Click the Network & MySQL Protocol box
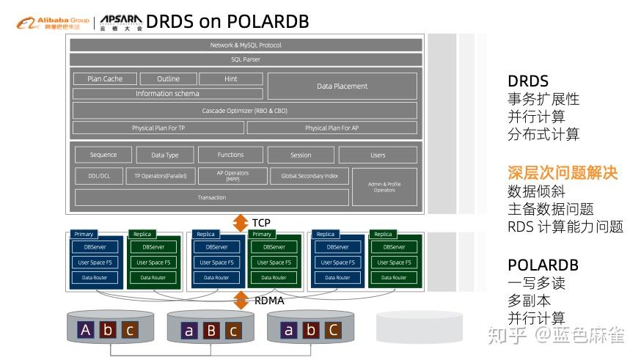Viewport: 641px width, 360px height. click(x=246, y=45)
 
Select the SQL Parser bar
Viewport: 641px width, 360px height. click(x=246, y=59)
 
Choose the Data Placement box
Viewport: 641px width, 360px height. click(x=342, y=86)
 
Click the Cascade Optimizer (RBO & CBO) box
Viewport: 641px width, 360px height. click(x=245, y=111)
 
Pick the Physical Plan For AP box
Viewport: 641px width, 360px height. click(x=332, y=128)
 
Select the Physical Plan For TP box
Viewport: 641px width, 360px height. click(x=158, y=128)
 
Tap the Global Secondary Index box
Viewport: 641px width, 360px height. click(x=309, y=176)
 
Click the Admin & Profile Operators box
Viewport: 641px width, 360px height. click(x=384, y=187)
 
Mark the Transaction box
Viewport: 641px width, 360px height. click(x=212, y=197)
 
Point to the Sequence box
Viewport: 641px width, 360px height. click(x=103, y=155)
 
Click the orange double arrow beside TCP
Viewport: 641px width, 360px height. click(x=241, y=223)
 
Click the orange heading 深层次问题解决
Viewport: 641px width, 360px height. click(x=563, y=173)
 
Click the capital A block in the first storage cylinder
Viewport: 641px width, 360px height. click(x=86, y=330)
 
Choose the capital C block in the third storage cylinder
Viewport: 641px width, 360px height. click(x=333, y=330)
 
